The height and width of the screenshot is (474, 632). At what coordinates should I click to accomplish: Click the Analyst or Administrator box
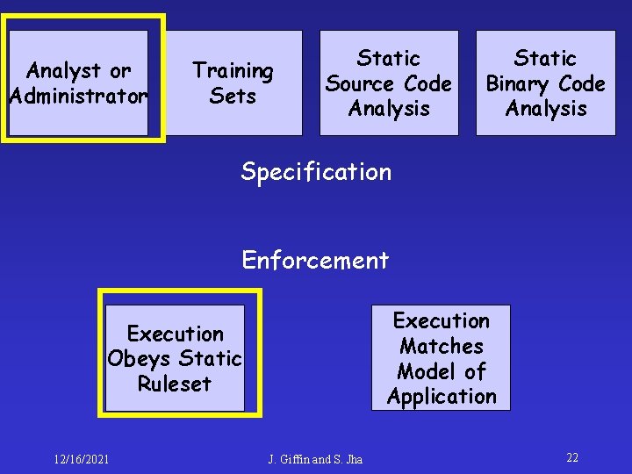point(78,83)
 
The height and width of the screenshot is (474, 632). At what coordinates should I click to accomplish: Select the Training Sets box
point(233,83)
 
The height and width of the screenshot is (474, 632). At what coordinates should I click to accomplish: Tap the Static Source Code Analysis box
point(388,83)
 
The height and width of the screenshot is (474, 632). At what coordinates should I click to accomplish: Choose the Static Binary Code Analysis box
point(545,83)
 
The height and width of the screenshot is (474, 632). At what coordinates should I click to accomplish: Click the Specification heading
point(316,171)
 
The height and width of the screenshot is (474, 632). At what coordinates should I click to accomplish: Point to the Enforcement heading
point(315,260)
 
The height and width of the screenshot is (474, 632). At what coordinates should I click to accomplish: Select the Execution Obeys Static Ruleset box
point(175,358)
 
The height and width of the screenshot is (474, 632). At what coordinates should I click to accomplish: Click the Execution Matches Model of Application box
point(441,358)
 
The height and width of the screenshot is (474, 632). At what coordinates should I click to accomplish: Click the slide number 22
point(572,457)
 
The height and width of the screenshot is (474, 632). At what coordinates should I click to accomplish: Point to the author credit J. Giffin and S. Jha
point(315,459)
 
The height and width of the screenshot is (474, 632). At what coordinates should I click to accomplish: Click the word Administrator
point(78,95)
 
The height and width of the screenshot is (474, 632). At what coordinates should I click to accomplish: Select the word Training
point(233,70)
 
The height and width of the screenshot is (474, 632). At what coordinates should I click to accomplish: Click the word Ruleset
point(175,384)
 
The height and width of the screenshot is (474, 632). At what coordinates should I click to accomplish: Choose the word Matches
point(441,346)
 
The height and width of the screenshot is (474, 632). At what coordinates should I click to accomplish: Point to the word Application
point(441,397)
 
